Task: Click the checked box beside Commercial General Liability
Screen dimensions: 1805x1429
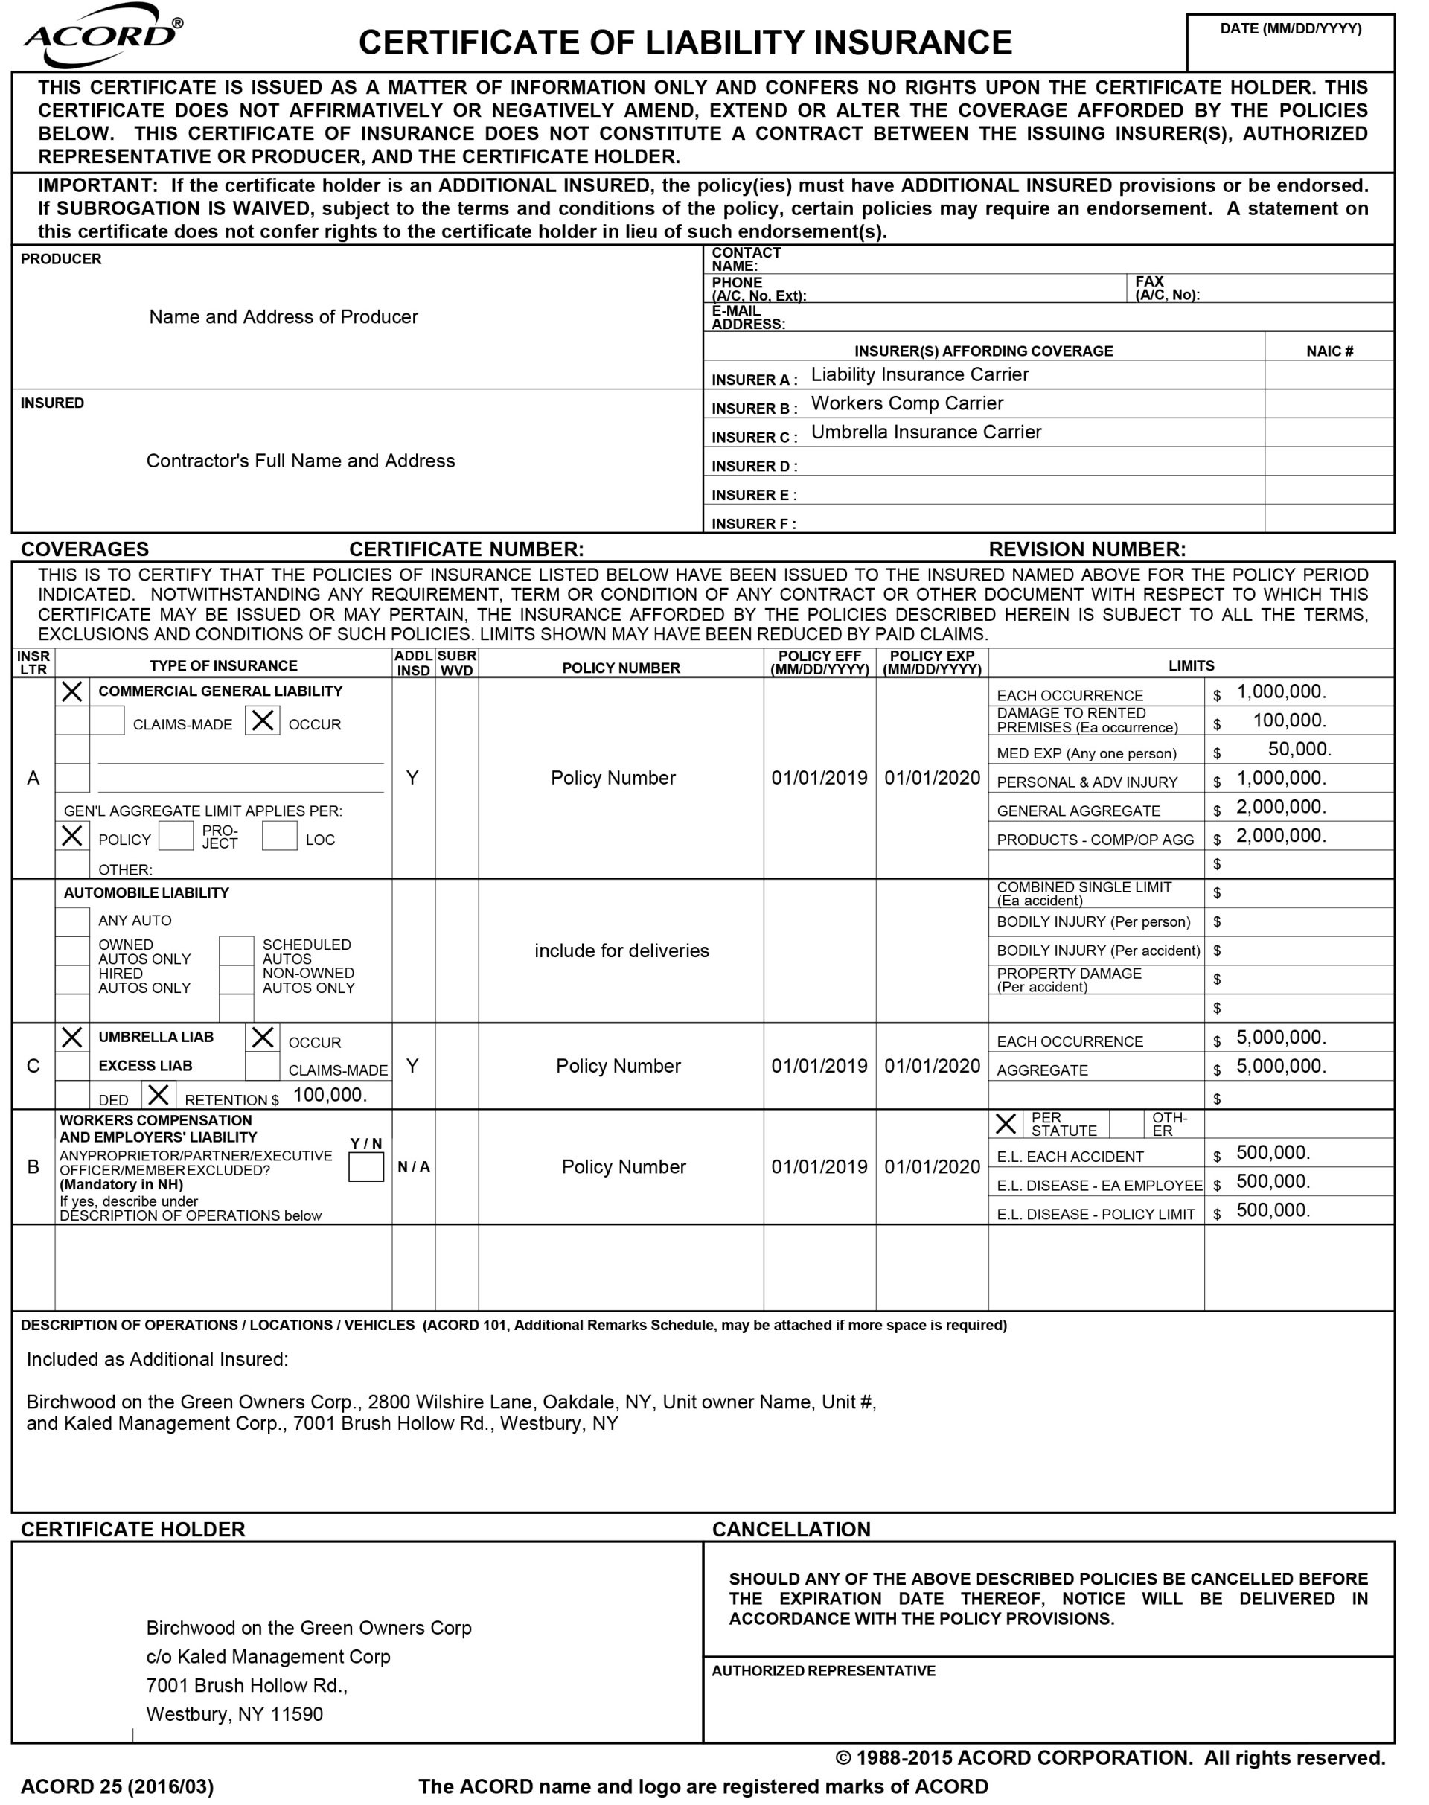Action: click(x=73, y=691)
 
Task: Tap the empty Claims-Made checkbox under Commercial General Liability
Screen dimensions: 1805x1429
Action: click(x=107, y=721)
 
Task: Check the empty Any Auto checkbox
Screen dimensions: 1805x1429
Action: click(x=73, y=921)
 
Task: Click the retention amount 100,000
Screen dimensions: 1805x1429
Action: click(x=330, y=1095)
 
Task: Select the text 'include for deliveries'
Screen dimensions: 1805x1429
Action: click(x=621, y=951)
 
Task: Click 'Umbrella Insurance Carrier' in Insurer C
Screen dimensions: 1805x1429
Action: click(x=926, y=432)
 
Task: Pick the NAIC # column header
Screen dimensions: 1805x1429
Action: click(x=1329, y=351)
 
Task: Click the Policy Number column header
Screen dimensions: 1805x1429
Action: click(x=621, y=668)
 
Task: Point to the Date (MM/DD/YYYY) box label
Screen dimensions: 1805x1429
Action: click(x=1290, y=28)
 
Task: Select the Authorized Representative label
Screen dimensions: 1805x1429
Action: click(x=823, y=1671)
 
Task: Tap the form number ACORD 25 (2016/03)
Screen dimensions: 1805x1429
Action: click(x=117, y=1786)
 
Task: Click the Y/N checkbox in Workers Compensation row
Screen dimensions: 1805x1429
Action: click(x=365, y=1166)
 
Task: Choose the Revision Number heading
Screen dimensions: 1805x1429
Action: click(x=1087, y=549)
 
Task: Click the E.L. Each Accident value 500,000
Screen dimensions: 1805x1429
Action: click(x=1273, y=1152)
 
